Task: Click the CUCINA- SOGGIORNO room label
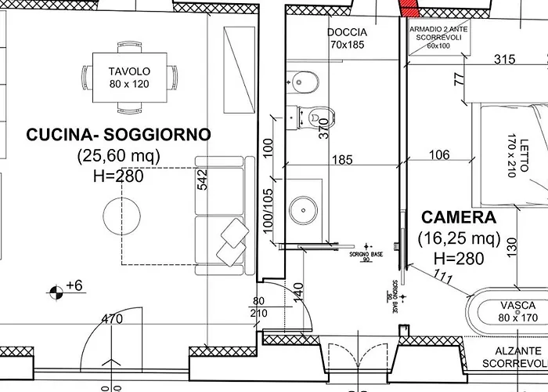(x=118, y=135)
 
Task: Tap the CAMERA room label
(x=459, y=217)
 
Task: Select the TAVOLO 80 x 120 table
(x=129, y=76)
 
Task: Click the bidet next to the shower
(x=300, y=79)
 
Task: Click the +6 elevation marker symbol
(x=57, y=292)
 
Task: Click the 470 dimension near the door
(x=114, y=319)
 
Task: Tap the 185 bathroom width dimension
(x=342, y=161)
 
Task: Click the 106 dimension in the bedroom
(x=440, y=156)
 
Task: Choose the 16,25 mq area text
(x=459, y=238)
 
